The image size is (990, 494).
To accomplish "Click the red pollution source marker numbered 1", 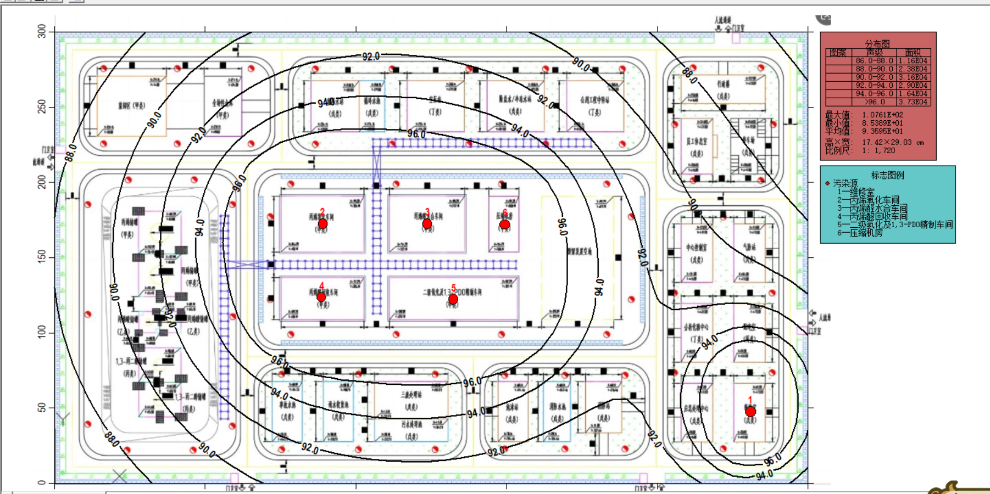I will (x=750, y=411).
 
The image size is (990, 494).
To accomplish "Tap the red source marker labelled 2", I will (x=322, y=223).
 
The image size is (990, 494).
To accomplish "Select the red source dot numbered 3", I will (x=427, y=223).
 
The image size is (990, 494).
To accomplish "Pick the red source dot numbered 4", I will (x=321, y=297).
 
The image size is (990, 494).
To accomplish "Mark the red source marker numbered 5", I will (x=453, y=299).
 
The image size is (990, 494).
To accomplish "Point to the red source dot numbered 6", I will (x=504, y=224).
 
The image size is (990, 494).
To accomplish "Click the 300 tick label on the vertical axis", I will (x=42, y=32).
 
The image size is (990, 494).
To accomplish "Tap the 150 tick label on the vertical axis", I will (x=42, y=257).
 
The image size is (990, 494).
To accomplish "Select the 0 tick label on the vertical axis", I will (x=42, y=482).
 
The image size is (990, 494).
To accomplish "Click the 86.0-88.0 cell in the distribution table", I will (x=875, y=61).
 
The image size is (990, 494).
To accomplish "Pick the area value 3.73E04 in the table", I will (x=913, y=102).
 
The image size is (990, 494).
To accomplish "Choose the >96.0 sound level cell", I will (x=875, y=102).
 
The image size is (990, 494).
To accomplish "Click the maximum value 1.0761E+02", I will (x=882, y=115).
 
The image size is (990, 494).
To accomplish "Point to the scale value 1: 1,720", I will (x=878, y=150).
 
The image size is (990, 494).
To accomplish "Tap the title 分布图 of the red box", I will (x=877, y=43).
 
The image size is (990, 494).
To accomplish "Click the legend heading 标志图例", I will (x=887, y=175).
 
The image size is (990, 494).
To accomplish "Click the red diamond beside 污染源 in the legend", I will (x=827, y=183).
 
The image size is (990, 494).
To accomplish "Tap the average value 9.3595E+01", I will (x=882, y=131).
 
